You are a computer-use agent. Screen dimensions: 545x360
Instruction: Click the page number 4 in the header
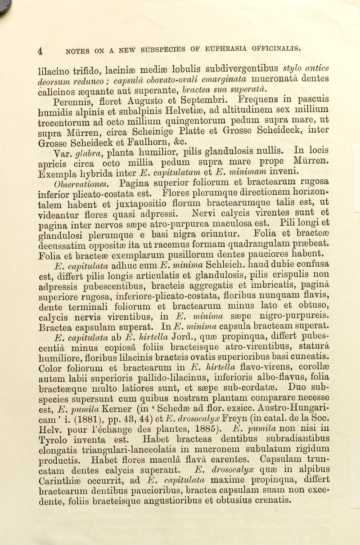coord(40,51)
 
